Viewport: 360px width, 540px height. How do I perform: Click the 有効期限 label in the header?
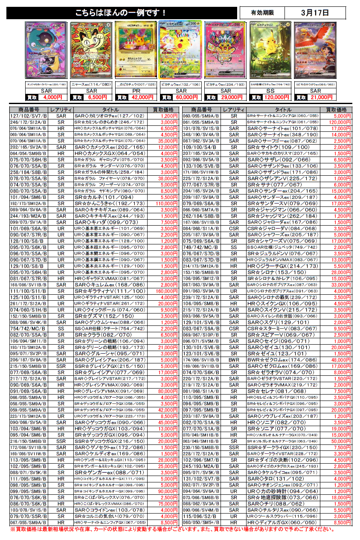pyautogui.click(x=261, y=13)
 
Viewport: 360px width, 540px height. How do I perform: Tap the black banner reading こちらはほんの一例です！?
pyautogui.click(x=122, y=13)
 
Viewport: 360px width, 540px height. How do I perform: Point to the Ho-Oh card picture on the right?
pyautogui.click(x=315, y=50)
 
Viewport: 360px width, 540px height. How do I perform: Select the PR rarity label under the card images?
pyautogui.click(x=136, y=91)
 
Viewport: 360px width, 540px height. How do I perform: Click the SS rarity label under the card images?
pyautogui.click(x=271, y=91)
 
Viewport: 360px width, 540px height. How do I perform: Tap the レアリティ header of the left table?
pyautogui.click(x=61, y=110)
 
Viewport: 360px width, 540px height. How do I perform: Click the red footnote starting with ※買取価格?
pyautogui.click(x=171, y=529)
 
